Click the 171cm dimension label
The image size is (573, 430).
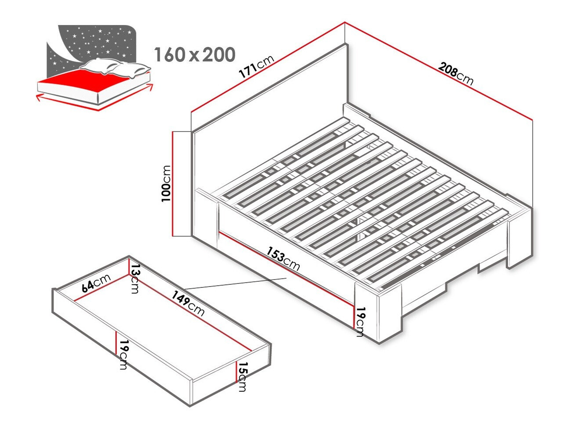tap(257, 67)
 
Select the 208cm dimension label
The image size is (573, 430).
tap(455, 74)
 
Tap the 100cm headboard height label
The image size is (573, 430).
tap(166, 183)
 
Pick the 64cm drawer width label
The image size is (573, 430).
tap(96, 283)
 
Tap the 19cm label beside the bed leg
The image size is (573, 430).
tap(361, 322)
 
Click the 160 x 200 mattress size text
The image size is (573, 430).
tap(195, 55)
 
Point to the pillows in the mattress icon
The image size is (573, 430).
tap(115, 68)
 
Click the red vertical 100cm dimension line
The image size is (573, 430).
tap(172, 184)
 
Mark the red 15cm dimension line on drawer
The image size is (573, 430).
tap(237, 372)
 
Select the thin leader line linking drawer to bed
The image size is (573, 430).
tap(236, 284)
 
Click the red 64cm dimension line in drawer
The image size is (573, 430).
tap(101, 287)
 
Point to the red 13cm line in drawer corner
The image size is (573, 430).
tap(129, 266)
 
